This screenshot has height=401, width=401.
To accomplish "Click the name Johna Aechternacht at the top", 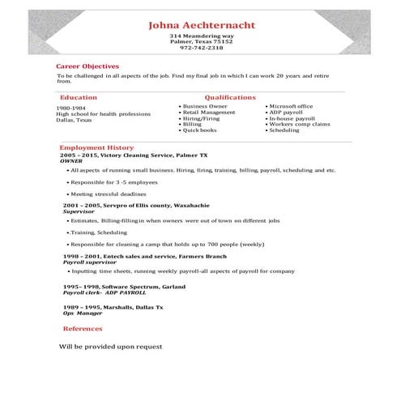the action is click(202, 25).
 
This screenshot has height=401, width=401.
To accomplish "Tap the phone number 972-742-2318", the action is click(202, 48).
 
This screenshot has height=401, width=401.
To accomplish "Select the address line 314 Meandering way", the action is click(202, 36).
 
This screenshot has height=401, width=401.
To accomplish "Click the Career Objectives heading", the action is click(87, 66).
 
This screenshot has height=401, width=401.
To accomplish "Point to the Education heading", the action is click(79, 97).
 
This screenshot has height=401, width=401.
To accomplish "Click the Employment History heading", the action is click(96, 147).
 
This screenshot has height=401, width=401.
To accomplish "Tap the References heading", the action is click(83, 329).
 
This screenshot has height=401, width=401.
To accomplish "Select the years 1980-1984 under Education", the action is click(70, 108).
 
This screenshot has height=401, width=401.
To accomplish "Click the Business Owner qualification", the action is click(205, 106).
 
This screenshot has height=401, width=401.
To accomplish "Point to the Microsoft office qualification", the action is click(291, 106).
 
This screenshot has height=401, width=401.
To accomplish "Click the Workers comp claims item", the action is click(299, 124).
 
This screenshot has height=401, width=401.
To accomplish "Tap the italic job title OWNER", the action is click(71, 160).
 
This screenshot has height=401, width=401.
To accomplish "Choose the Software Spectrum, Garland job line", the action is click(124, 287).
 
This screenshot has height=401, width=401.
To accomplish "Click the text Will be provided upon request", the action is click(110, 347).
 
